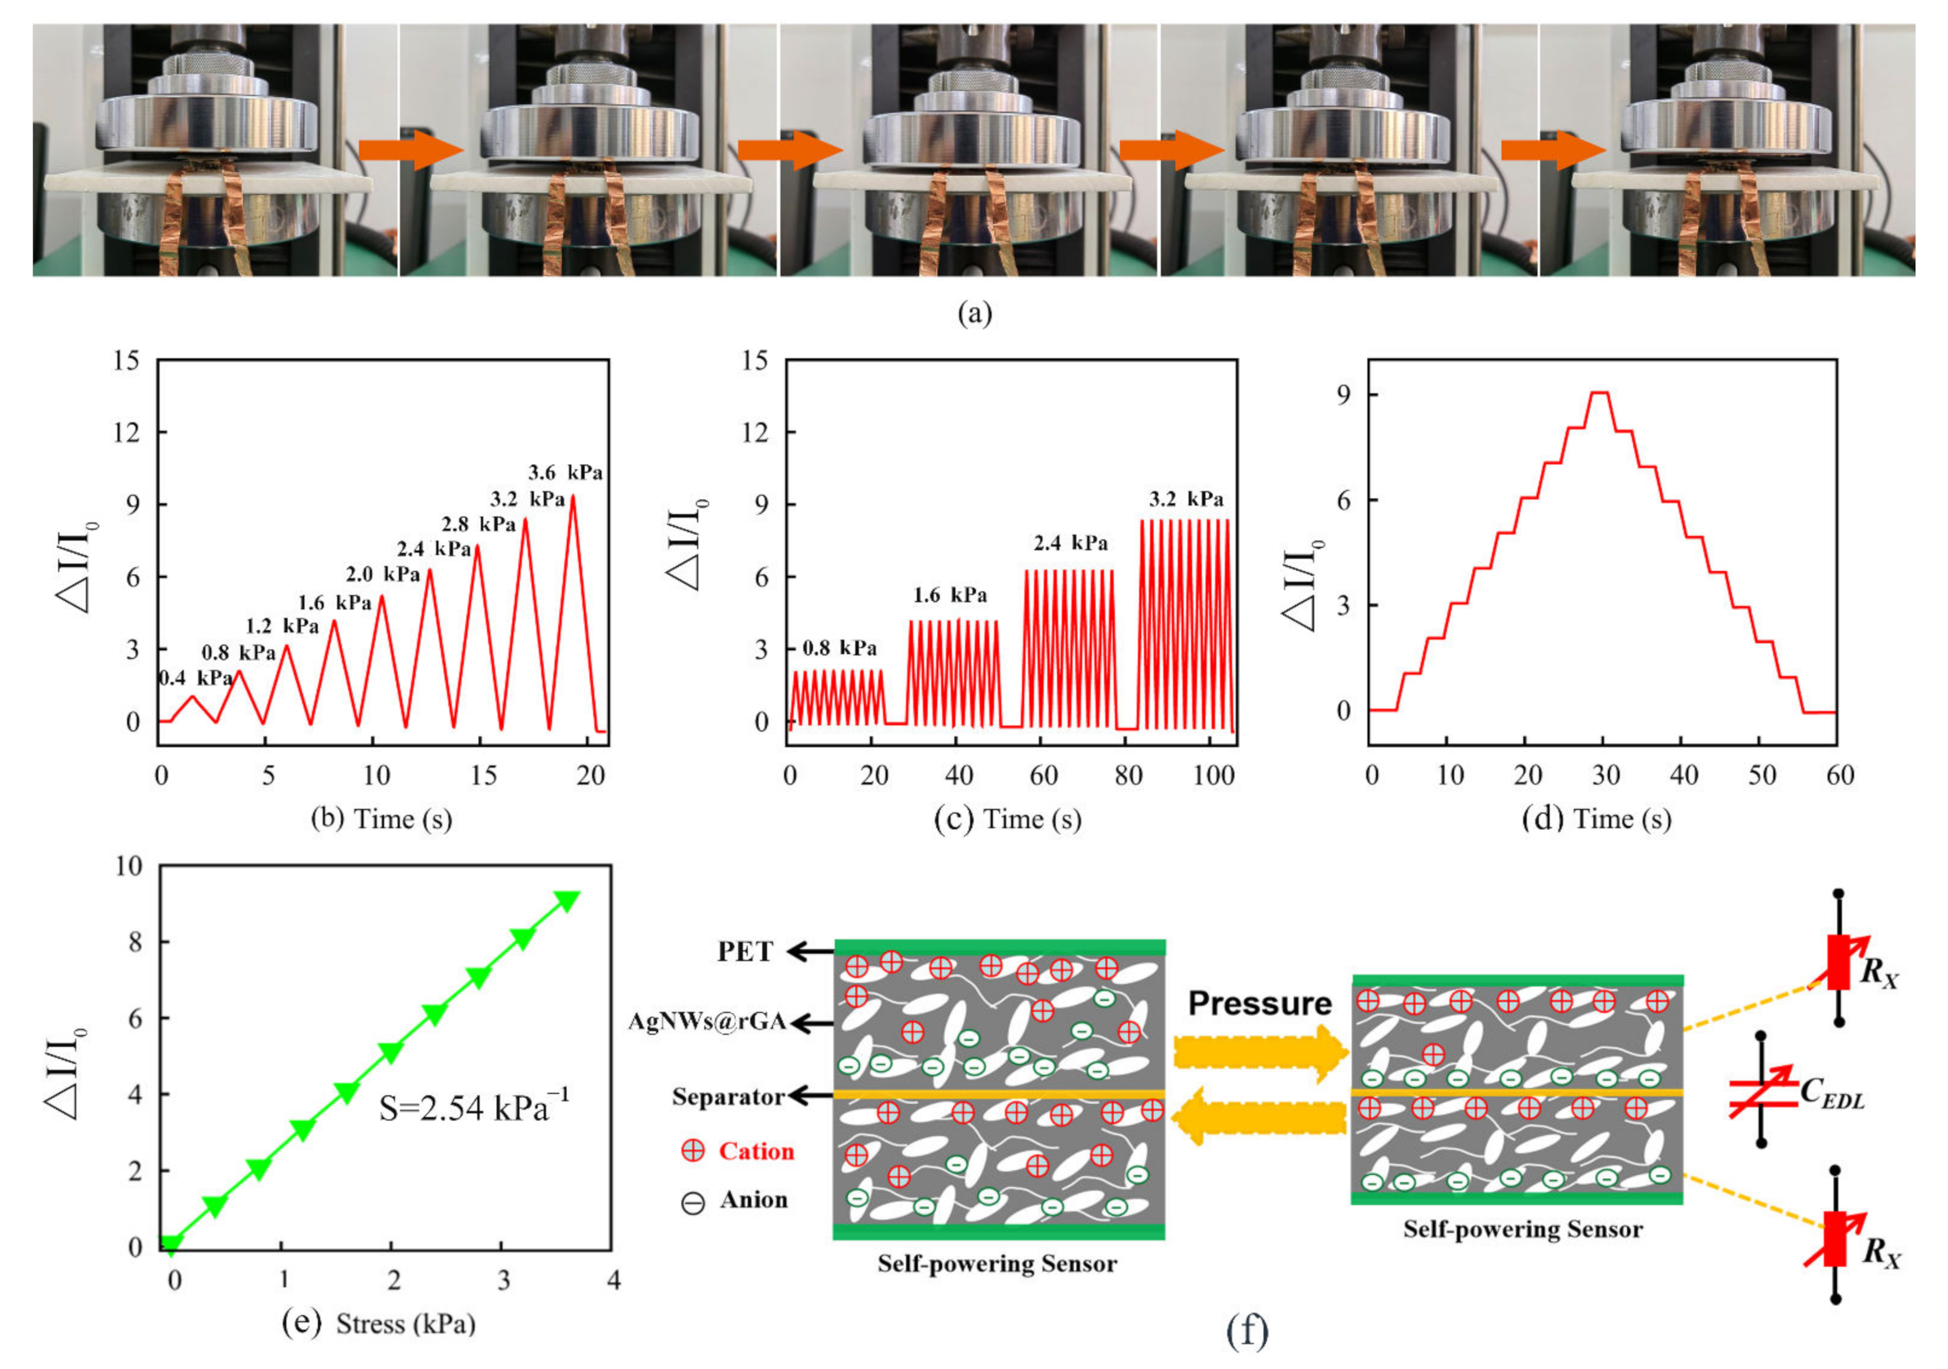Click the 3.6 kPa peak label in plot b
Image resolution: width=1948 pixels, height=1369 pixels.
click(x=565, y=473)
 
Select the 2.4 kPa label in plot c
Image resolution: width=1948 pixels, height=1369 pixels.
click(x=1070, y=543)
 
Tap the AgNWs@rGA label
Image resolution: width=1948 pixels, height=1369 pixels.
click(x=707, y=1022)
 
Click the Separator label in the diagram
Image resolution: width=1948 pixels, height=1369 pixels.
click(x=728, y=1097)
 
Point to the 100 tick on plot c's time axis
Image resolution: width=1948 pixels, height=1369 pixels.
click(x=1213, y=775)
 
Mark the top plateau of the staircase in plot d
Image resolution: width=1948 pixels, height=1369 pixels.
click(x=1599, y=393)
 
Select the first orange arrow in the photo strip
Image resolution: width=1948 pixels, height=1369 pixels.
click(x=411, y=150)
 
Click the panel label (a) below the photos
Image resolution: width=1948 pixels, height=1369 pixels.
click(x=974, y=314)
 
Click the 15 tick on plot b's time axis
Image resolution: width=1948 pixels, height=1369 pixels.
click(x=484, y=775)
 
